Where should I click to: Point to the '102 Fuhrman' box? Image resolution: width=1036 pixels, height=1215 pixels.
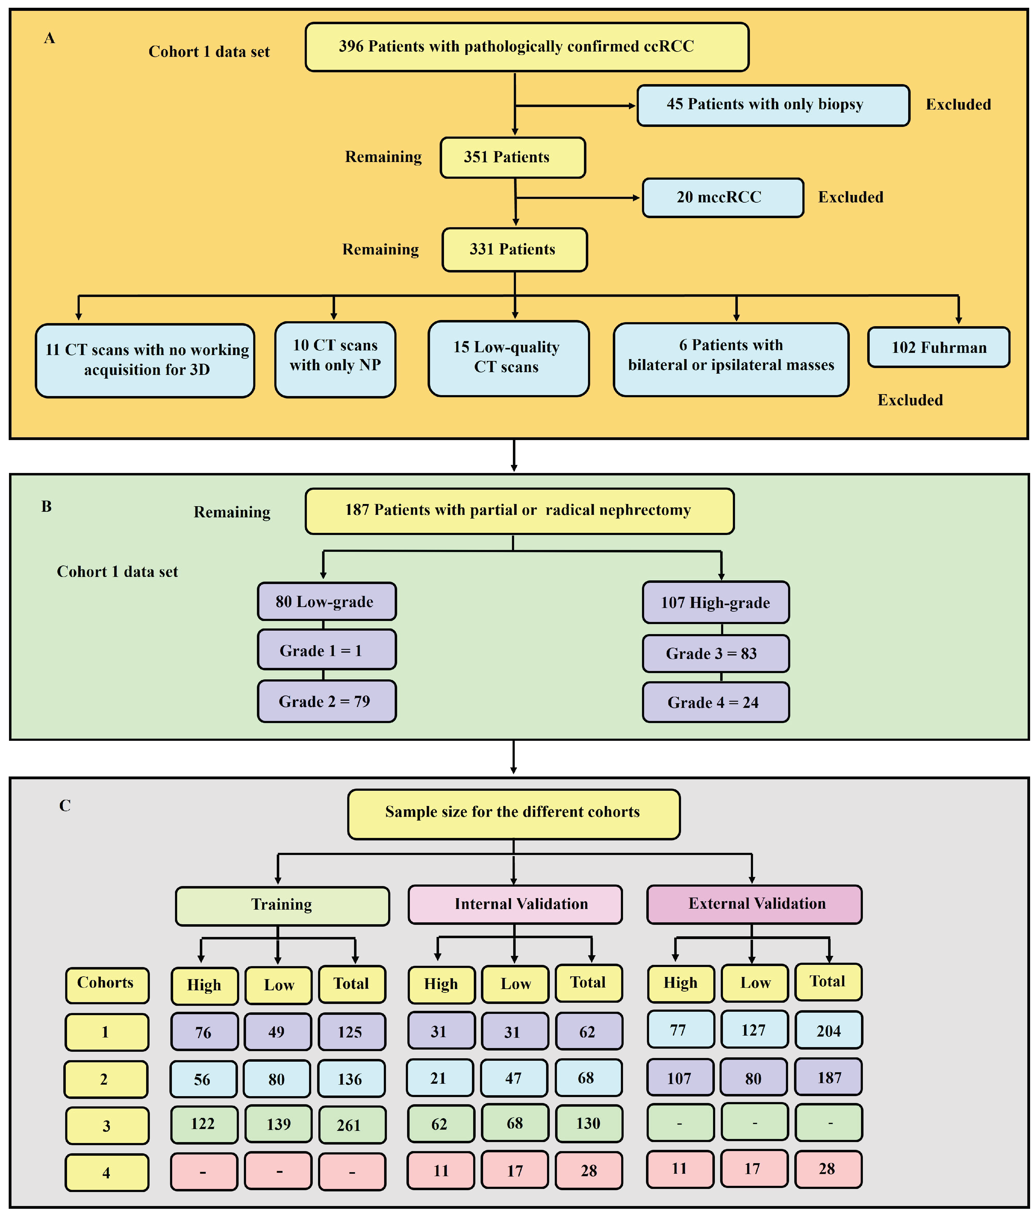pyautogui.click(x=938, y=347)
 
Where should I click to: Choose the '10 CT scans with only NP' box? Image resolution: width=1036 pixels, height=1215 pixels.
pyautogui.click(x=335, y=359)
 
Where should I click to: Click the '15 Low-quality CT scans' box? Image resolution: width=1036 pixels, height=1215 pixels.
pyautogui.click(x=508, y=358)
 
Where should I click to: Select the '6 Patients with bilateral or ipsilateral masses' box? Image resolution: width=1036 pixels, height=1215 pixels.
pyautogui.click(x=730, y=359)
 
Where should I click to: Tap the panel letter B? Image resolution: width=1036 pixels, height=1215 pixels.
pyautogui.click(x=46, y=506)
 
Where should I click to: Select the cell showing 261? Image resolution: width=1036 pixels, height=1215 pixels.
pyautogui.click(x=351, y=1124)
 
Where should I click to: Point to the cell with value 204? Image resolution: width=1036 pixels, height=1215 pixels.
pyautogui.click(x=828, y=1030)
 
